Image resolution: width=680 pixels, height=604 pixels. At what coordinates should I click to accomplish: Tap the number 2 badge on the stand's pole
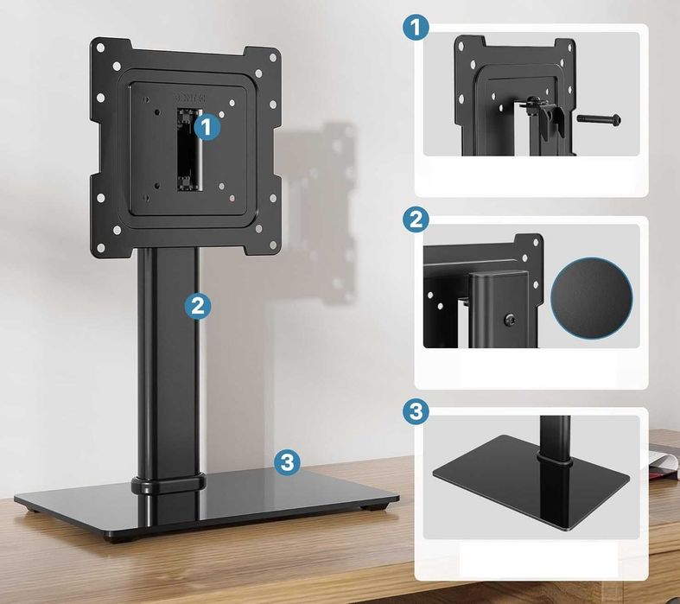[x=198, y=305]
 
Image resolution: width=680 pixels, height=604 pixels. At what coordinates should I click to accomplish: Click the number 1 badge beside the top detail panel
[x=416, y=28]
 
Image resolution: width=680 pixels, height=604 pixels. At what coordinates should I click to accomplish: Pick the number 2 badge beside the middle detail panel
[x=416, y=220]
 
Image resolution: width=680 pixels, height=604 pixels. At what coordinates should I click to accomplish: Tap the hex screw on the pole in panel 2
[x=511, y=320]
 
